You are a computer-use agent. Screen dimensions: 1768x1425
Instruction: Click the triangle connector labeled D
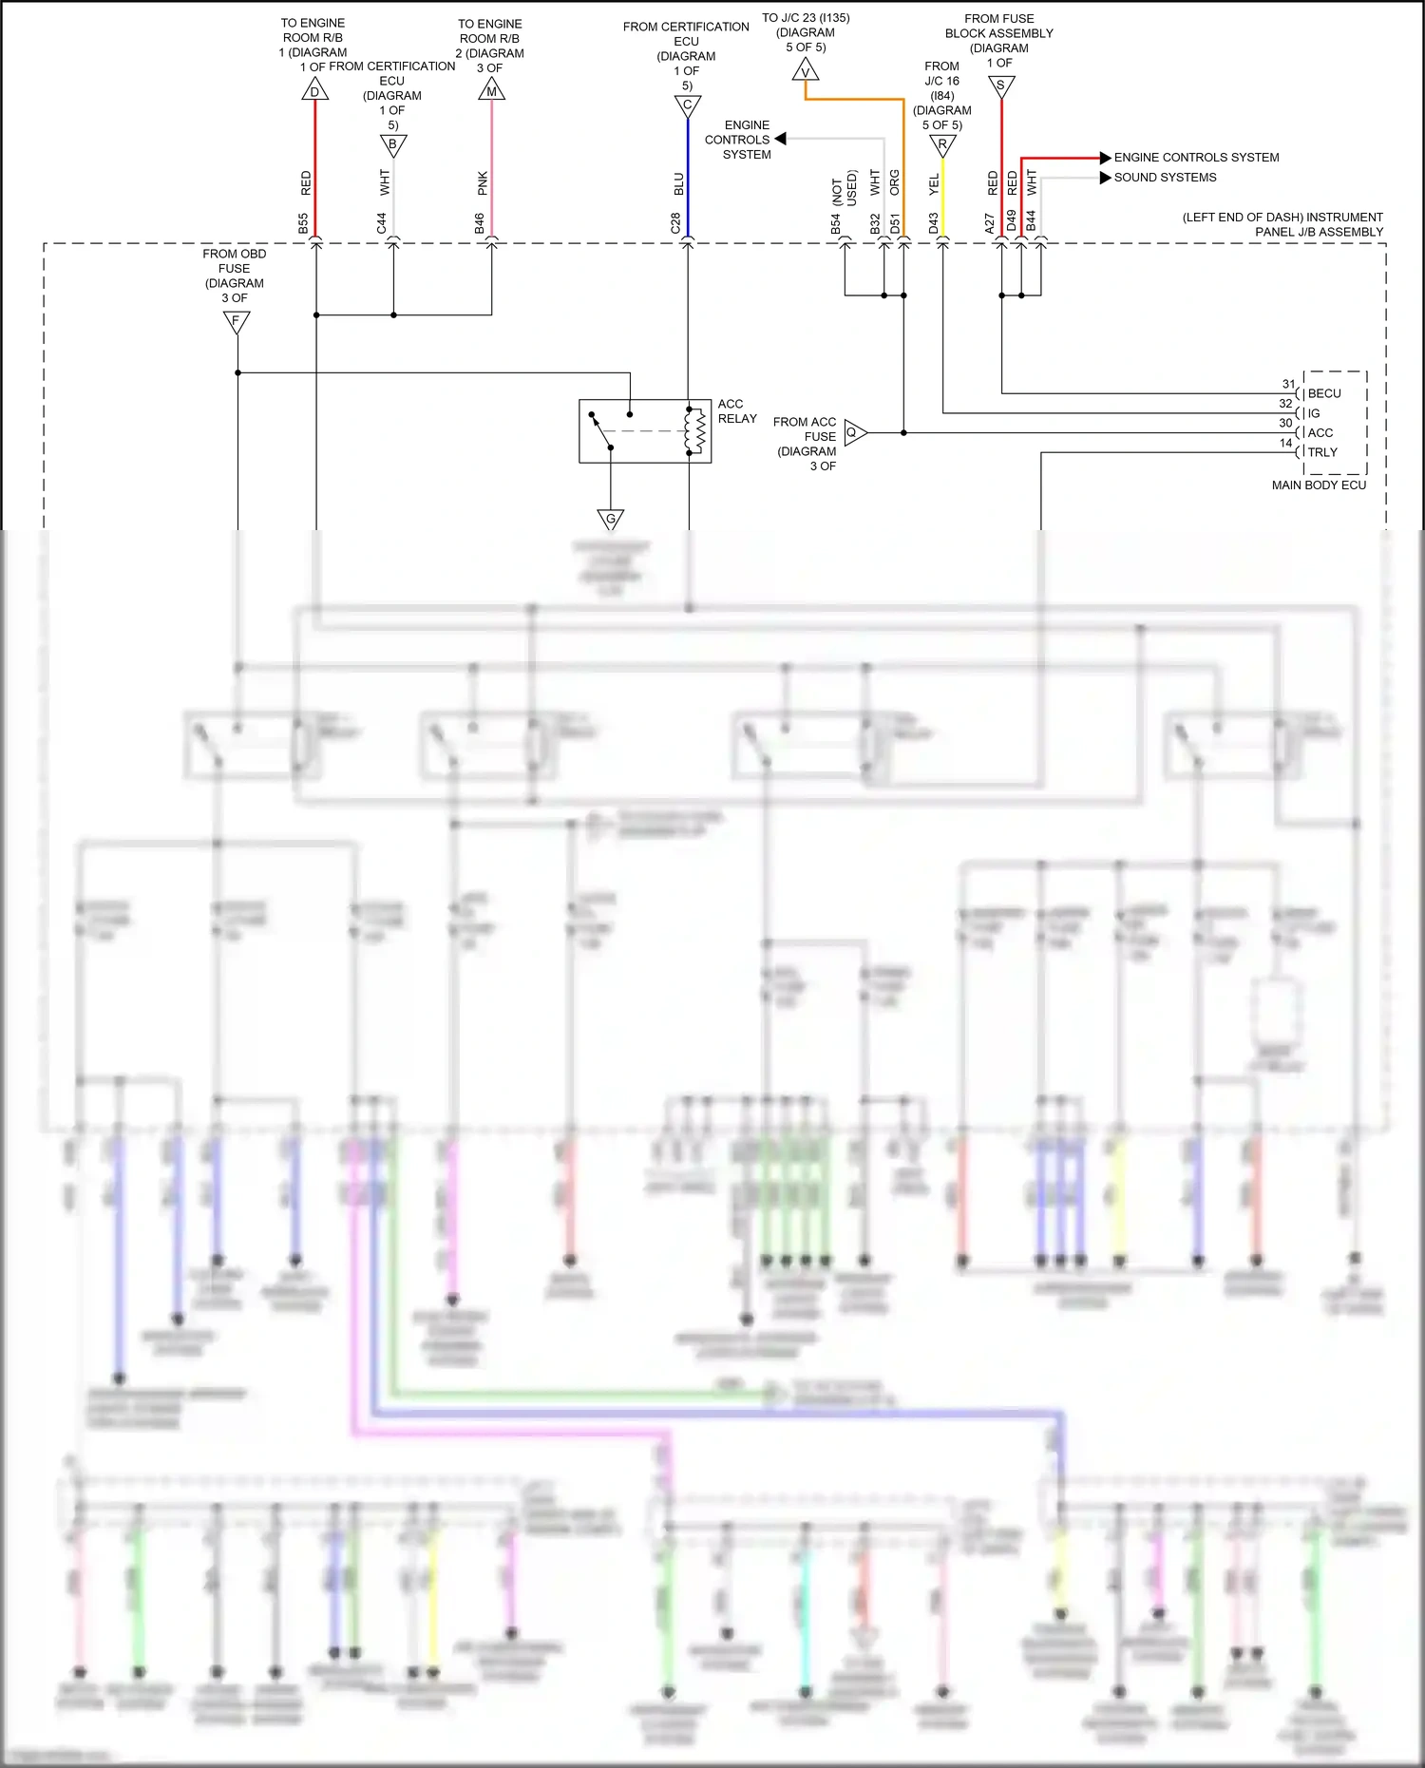314,90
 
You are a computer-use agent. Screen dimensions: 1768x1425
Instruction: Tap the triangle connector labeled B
393,144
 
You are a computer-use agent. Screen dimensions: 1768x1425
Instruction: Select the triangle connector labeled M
491,90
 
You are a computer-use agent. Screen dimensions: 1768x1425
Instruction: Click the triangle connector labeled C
688,105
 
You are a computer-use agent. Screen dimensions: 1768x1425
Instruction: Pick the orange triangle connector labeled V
806,71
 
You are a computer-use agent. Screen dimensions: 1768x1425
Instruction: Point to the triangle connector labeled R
942,144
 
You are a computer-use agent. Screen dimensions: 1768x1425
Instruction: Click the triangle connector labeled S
1001,86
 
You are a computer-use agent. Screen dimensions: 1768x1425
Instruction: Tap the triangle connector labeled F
237,321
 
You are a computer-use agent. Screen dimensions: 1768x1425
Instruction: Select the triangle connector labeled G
611,519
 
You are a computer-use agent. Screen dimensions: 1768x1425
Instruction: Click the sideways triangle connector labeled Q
853,432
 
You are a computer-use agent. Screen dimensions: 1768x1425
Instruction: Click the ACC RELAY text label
737,411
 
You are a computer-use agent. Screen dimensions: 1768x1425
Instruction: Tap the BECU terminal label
1324,393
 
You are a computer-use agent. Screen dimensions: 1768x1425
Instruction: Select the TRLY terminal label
1322,452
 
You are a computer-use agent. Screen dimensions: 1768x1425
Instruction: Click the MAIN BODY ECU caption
1319,485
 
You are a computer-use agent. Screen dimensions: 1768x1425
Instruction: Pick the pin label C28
675,223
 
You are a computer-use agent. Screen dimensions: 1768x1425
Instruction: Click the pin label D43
933,223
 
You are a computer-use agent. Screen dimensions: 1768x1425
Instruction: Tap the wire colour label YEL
934,184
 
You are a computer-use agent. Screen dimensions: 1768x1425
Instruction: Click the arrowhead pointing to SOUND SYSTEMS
1105,178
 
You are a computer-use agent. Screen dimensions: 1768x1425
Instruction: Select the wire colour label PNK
483,183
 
